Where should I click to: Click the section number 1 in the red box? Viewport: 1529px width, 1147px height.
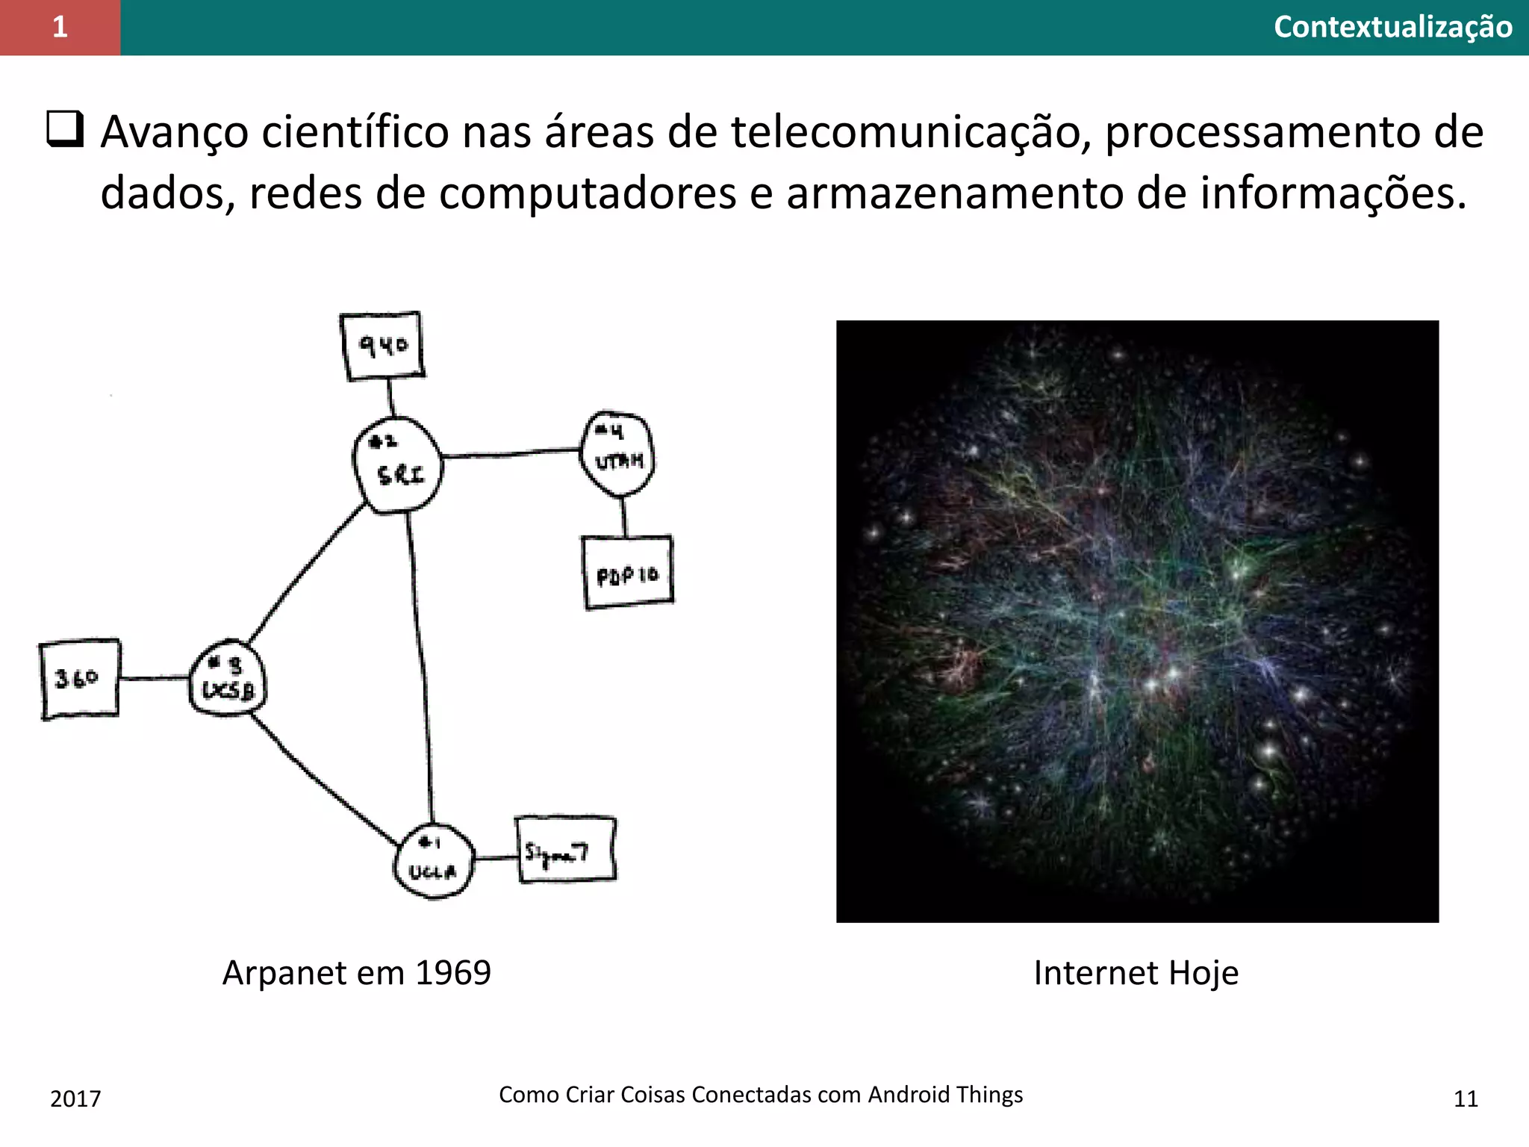coord(60,27)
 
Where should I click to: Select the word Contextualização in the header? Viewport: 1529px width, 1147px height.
coord(1392,27)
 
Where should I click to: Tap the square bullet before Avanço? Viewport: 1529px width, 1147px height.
coord(65,128)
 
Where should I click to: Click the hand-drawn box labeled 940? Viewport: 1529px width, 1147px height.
coord(382,346)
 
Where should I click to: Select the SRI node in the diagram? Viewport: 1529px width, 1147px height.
coord(398,464)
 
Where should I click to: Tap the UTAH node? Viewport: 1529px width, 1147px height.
coord(617,453)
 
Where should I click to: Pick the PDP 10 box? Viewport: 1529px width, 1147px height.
coord(628,573)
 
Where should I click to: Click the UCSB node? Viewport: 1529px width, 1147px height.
coord(228,679)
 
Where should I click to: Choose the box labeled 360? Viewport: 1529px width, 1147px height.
coord(79,678)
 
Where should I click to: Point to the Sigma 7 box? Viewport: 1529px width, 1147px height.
coord(566,850)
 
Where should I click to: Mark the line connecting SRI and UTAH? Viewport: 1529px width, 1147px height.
coord(511,453)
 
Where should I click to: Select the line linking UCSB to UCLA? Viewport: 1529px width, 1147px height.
coord(321,780)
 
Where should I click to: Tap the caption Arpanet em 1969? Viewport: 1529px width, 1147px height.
coord(357,972)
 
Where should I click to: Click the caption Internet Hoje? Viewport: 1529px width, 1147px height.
coord(1136,972)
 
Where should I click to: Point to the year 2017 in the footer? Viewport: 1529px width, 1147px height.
coord(75,1098)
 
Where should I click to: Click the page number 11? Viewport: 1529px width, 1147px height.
coord(1466,1098)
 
